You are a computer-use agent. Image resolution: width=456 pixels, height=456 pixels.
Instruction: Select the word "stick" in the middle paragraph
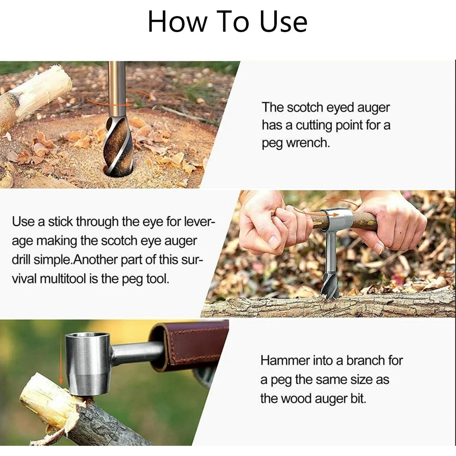(x=61, y=221)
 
